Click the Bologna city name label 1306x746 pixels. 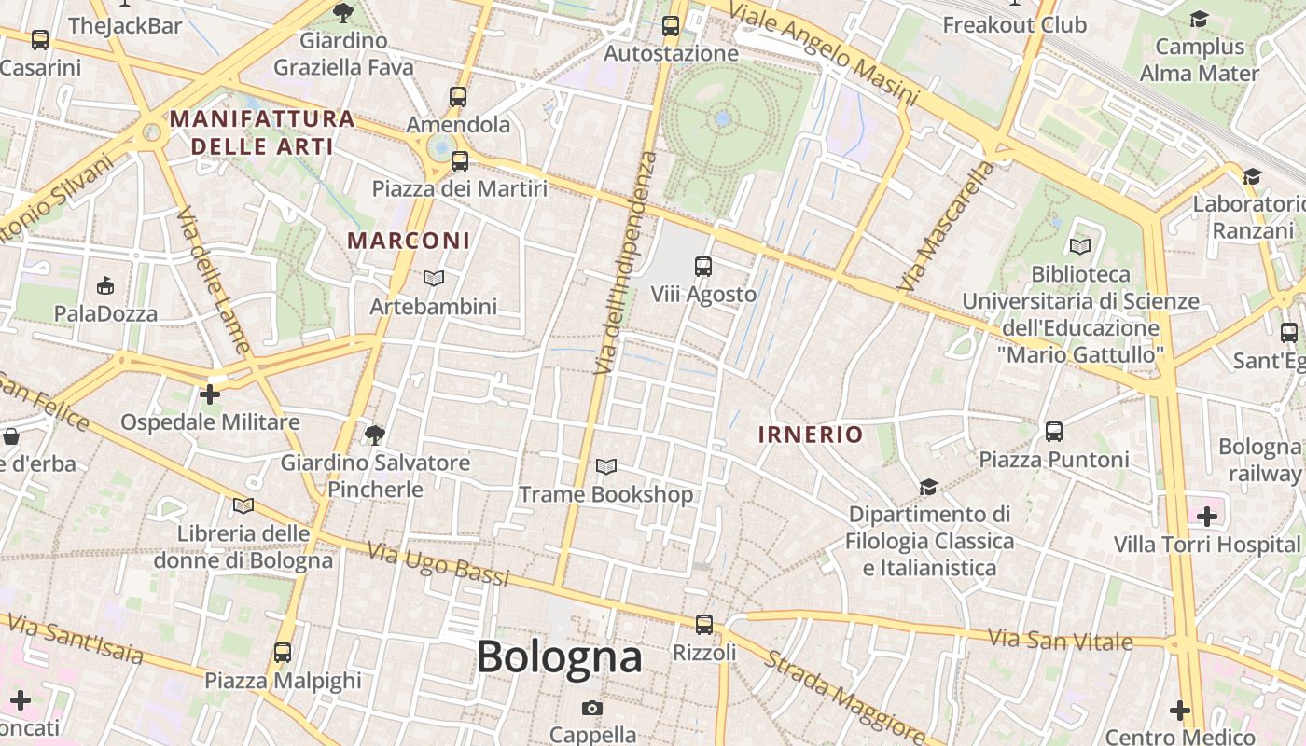(559, 657)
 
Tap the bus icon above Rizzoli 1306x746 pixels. (704, 625)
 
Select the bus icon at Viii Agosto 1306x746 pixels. (703, 268)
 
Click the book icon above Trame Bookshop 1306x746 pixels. (606, 466)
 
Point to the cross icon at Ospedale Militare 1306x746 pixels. (210, 394)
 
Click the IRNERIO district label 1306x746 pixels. (810, 435)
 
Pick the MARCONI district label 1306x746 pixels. (409, 241)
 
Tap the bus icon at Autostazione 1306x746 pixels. (671, 26)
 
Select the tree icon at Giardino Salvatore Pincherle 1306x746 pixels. (375, 435)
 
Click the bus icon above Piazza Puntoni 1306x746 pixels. (1054, 432)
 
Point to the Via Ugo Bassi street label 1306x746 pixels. (438, 564)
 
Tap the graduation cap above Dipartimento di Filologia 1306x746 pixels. (928, 487)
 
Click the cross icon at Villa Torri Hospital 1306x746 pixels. (1207, 516)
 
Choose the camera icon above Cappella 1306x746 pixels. (591, 708)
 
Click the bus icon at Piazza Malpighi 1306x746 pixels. (283, 653)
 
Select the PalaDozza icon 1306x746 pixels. (105, 285)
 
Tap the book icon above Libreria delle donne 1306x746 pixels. (243, 505)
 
